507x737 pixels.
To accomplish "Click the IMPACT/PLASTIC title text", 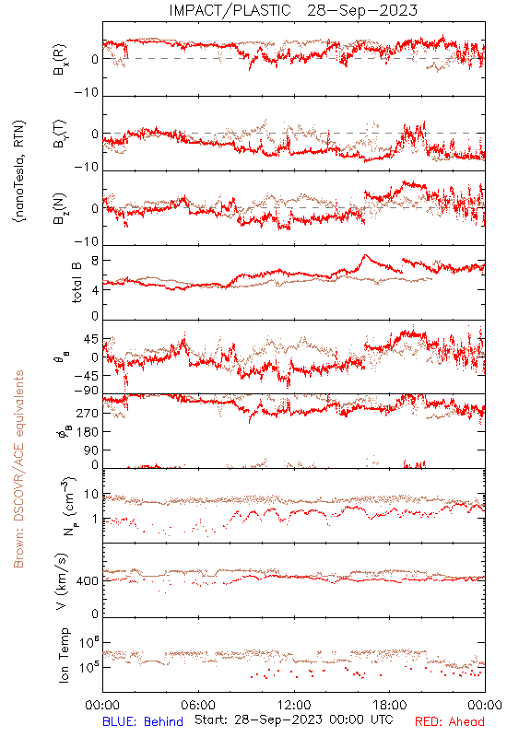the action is pyautogui.click(x=230, y=10).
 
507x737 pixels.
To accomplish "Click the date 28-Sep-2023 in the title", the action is pyautogui.click(x=362, y=10).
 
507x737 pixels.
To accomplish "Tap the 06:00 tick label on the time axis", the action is pyautogui.click(x=198, y=705).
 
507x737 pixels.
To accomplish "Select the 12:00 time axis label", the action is pyautogui.click(x=294, y=705).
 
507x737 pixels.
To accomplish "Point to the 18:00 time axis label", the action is pyautogui.click(x=390, y=705).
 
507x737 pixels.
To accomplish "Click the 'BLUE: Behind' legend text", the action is pyautogui.click(x=143, y=721).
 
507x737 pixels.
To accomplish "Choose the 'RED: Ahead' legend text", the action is pyautogui.click(x=450, y=721).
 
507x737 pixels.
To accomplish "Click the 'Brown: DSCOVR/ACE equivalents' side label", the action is pyautogui.click(x=18, y=469).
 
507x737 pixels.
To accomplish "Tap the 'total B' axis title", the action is pyautogui.click(x=77, y=283).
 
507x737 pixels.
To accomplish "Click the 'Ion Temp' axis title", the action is pyautogui.click(x=64, y=655).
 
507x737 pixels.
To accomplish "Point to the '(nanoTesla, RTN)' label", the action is pyautogui.click(x=19, y=171).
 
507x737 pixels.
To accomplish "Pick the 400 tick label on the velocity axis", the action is pyautogui.click(x=88, y=581).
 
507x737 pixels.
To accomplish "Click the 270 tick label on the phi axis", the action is pyautogui.click(x=88, y=414).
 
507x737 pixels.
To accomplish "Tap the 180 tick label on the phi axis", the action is pyautogui.click(x=88, y=432).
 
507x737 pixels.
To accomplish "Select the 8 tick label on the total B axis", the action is pyautogui.click(x=95, y=261).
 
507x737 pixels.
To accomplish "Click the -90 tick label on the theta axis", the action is pyautogui.click(x=87, y=391).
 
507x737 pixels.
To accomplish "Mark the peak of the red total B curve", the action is pyautogui.click(x=364, y=255).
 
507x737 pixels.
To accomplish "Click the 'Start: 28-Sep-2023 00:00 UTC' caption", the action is pyautogui.click(x=294, y=720).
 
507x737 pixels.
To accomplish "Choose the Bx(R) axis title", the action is pyautogui.click(x=60, y=59).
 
